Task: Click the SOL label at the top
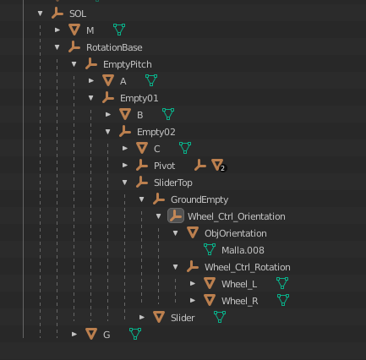78,14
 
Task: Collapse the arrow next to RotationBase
57,47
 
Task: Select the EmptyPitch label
128,64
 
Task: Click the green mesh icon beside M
119,30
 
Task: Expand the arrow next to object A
91,81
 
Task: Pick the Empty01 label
139,98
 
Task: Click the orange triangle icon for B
125,114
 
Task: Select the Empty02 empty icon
125,132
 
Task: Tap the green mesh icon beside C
185,148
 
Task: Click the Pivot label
164,166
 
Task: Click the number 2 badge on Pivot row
222,168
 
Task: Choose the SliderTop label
173,183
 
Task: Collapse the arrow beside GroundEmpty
142,199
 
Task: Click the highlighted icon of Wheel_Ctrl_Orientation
176,215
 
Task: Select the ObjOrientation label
236,233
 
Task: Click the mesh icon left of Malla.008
210,249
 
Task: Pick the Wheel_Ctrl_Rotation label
248,267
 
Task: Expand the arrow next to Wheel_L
193,283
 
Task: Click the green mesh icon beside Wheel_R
283,300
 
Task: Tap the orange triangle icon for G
91,334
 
